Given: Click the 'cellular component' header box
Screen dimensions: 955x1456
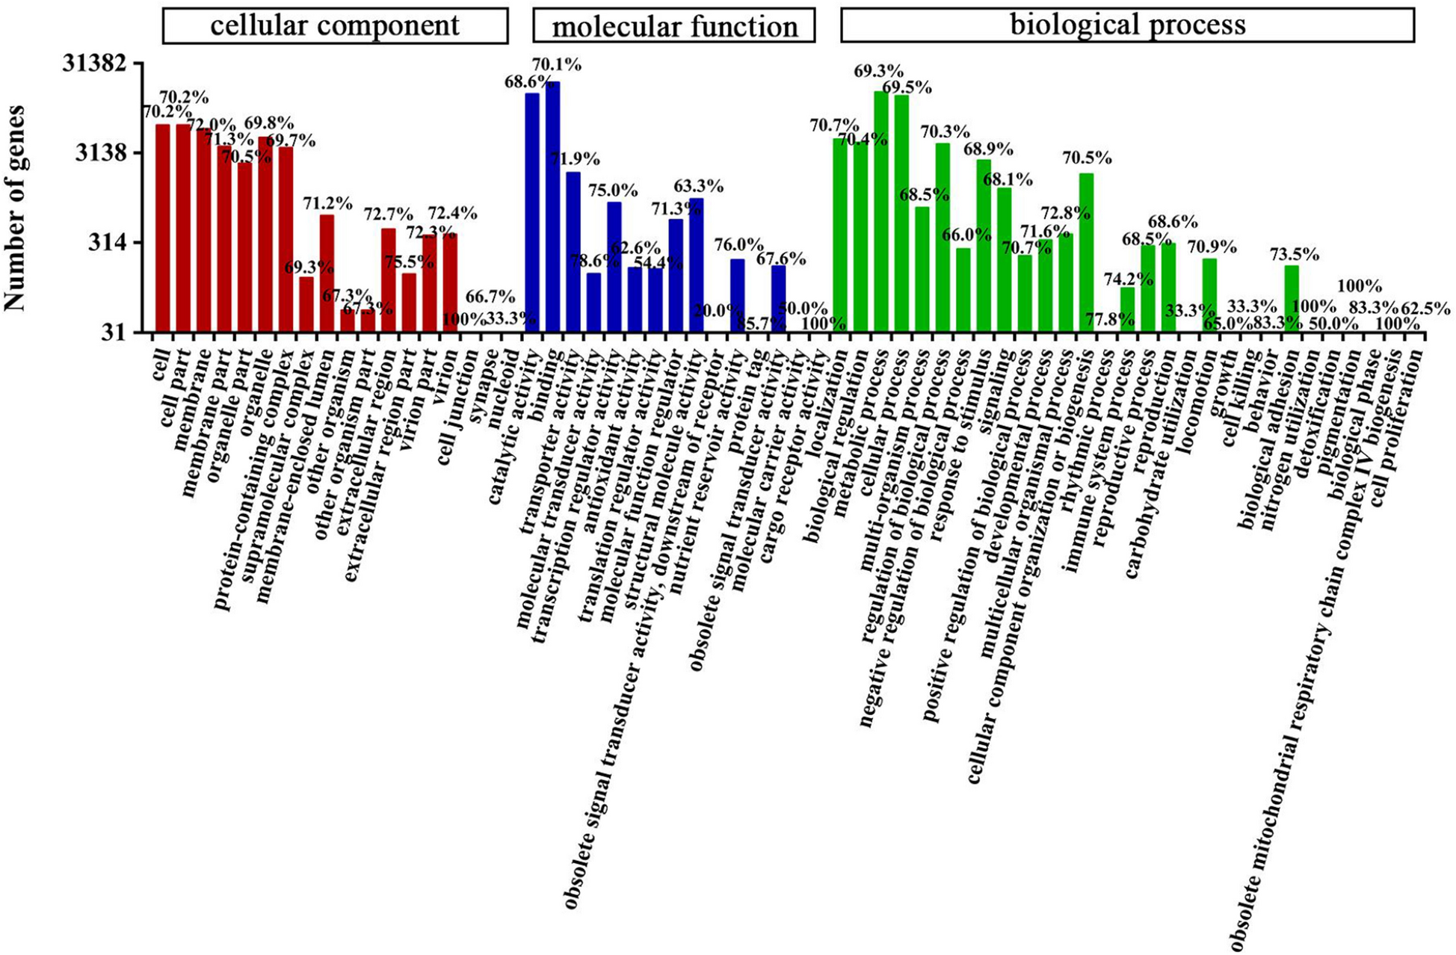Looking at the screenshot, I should tap(335, 25).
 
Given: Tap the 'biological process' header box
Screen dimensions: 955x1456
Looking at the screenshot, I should tap(1127, 25).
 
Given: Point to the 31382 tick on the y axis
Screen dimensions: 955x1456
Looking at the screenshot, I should tap(99, 64).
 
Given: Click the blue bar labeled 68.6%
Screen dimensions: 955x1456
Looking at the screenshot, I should tap(532, 213).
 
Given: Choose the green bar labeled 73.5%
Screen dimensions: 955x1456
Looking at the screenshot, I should tap(1292, 299).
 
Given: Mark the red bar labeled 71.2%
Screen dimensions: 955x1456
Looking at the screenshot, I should tap(327, 273).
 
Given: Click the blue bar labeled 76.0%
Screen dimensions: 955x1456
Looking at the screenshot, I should tap(738, 295).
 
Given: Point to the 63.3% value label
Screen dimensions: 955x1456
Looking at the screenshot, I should tap(699, 185).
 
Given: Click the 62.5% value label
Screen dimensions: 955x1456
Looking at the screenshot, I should tap(1425, 309).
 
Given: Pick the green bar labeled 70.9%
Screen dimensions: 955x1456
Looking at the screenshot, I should tap(1209, 294).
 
